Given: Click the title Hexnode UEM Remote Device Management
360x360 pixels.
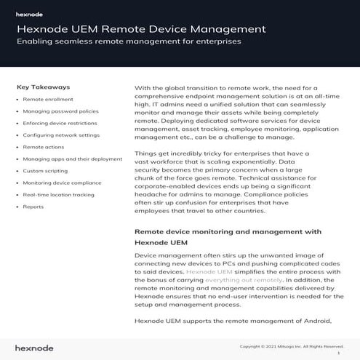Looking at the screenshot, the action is coord(140,30).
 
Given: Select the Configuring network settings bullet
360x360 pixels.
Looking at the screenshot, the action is coord(61,135).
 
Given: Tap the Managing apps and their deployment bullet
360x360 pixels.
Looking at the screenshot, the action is coord(72,159).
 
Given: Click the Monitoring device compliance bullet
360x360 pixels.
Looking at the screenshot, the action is coord(63,183).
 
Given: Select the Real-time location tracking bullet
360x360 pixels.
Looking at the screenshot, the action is coord(58,195).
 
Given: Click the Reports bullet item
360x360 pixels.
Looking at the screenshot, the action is coord(33,207).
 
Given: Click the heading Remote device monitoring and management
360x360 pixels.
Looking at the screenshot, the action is coord(227,231).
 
